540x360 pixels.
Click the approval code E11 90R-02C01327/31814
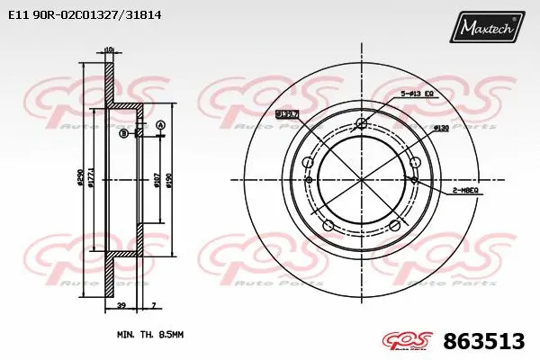pyautogui.click(x=78, y=15)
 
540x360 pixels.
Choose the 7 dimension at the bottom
pyautogui.click(x=154, y=307)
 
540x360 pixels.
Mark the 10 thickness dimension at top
pyautogui.click(x=109, y=49)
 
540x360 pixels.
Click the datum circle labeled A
pyautogui.click(x=160, y=124)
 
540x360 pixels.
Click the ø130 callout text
pyautogui.click(x=441, y=129)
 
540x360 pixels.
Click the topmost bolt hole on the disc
pyautogui.click(x=362, y=124)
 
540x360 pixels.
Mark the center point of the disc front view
pyautogui.click(x=362, y=180)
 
